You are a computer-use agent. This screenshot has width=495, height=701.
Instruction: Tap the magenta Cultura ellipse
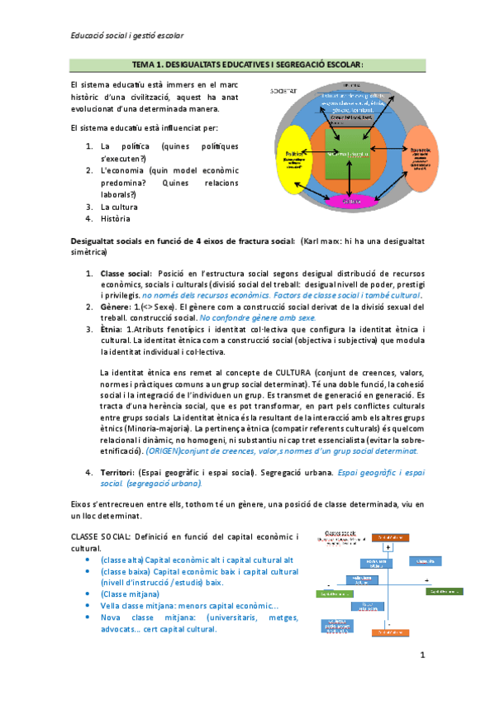pyautogui.click(x=351, y=201)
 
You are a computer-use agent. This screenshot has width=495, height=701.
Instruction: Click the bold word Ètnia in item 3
pyautogui.click(x=112, y=329)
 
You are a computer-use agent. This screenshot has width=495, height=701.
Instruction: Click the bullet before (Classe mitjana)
pyautogui.click(x=89, y=594)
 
